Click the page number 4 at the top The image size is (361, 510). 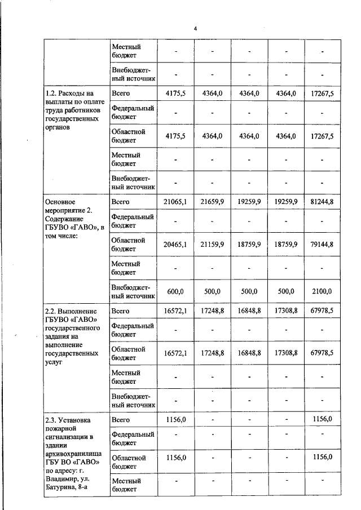195,28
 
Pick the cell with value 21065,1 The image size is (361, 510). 175,202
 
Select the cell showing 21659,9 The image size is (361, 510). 212,202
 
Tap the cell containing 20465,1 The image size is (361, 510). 175,245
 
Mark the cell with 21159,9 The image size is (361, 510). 212,245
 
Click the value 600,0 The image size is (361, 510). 176,291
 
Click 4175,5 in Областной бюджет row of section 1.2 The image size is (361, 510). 175,136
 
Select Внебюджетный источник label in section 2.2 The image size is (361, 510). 133,400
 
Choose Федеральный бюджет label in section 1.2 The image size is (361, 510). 133,112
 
